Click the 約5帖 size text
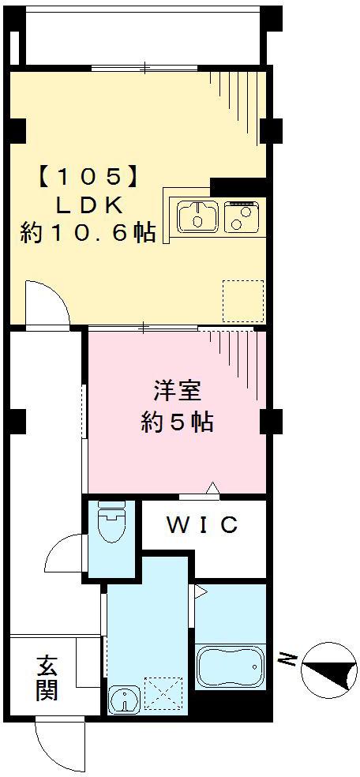[177, 422]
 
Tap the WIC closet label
[202, 525]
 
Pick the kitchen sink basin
[197, 216]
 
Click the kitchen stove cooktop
[242, 216]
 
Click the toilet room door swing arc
[65, 553]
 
